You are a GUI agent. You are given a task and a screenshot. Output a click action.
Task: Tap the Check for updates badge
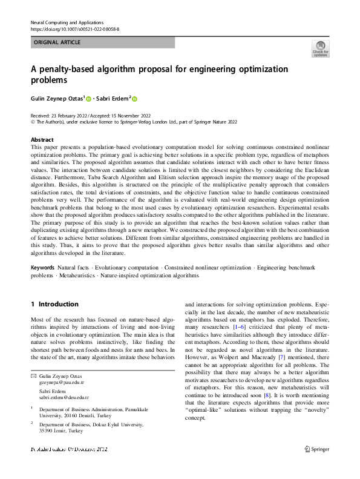(x=320, y=48)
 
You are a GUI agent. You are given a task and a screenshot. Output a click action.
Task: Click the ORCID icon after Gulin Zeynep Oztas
(x=88, y=99)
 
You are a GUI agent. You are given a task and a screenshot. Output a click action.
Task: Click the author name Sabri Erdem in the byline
(x=114, y=99)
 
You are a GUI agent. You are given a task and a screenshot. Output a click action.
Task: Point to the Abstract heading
(x=42, y=139)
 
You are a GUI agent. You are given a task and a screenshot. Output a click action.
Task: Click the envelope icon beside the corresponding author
(x=33, y=377)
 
